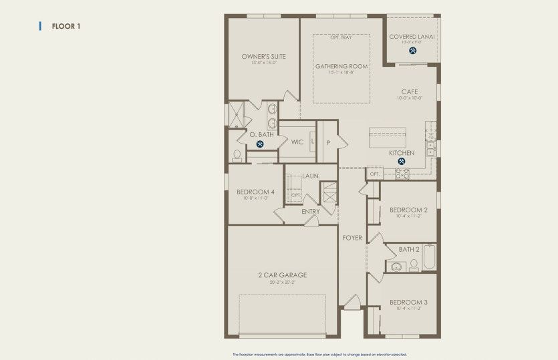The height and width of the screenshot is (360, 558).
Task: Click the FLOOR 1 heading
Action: click(x=66, y=26)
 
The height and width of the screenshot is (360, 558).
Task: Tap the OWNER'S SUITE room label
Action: click(x=263, y=57)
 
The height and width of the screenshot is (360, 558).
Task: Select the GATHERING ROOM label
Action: click(x=341, y=66)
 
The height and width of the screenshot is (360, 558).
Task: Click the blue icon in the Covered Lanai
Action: click(x=413, y=49)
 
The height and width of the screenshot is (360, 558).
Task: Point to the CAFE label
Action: click(x=410, y=92)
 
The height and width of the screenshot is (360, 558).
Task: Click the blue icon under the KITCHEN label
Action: click(x=402, y=161)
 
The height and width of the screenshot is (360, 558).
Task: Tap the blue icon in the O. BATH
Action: click(x=260, y=143)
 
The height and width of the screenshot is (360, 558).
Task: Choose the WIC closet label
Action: click(x=297, y=142)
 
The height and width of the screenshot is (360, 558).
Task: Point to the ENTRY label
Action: click(x=311, y=212)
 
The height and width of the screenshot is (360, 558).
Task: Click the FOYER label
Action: click(x=352, y=238)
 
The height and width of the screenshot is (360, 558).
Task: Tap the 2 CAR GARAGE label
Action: click(x=282, y=275)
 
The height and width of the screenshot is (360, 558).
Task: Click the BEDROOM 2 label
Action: click(x=408, y=210)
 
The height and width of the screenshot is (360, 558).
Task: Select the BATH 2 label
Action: click(x=409, y=249)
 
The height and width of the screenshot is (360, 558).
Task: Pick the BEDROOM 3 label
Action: click(x=408, y=302)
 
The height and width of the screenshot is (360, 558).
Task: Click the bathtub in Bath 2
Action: click(x=430, y=257)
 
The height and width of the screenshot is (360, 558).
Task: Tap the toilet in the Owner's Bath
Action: click(x=237, y=156)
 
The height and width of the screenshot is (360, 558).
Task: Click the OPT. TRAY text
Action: click(x=341, y=37)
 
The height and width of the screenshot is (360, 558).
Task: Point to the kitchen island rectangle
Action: click(x=387, y=137)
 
